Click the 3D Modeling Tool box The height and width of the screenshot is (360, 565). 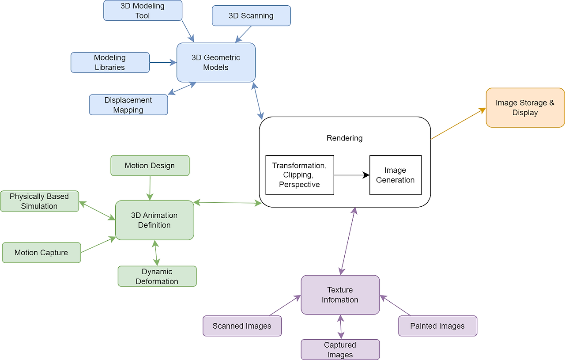coord(143,11)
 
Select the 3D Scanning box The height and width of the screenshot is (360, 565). coord(251,15)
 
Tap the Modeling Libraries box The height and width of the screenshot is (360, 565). coord(110,62)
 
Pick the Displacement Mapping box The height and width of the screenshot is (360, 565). coord(128,105)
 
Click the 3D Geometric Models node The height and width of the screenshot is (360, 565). coord(216,62)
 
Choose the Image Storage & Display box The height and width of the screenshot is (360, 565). coord(525,107)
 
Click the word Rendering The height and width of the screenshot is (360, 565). coord(345,138)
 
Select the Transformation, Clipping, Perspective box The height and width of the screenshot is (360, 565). coord(300,175)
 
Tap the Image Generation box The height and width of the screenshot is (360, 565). coord(395,175)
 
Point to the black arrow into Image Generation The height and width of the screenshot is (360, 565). coord(352,175)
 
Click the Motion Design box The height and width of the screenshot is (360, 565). coord(150,166)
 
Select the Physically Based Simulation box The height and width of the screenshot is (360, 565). coord(40,201)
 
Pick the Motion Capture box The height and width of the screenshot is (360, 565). coord(41,253)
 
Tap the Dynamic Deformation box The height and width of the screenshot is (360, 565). coord(157,276)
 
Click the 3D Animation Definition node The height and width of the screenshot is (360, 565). coord(154,220)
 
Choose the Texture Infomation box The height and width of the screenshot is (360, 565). coord(340,295)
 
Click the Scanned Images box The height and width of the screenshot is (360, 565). coord(242,326)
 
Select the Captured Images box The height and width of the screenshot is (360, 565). coord(340,349)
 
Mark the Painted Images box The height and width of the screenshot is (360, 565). coord(437,326)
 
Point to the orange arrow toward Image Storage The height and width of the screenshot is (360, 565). coord(458,123)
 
